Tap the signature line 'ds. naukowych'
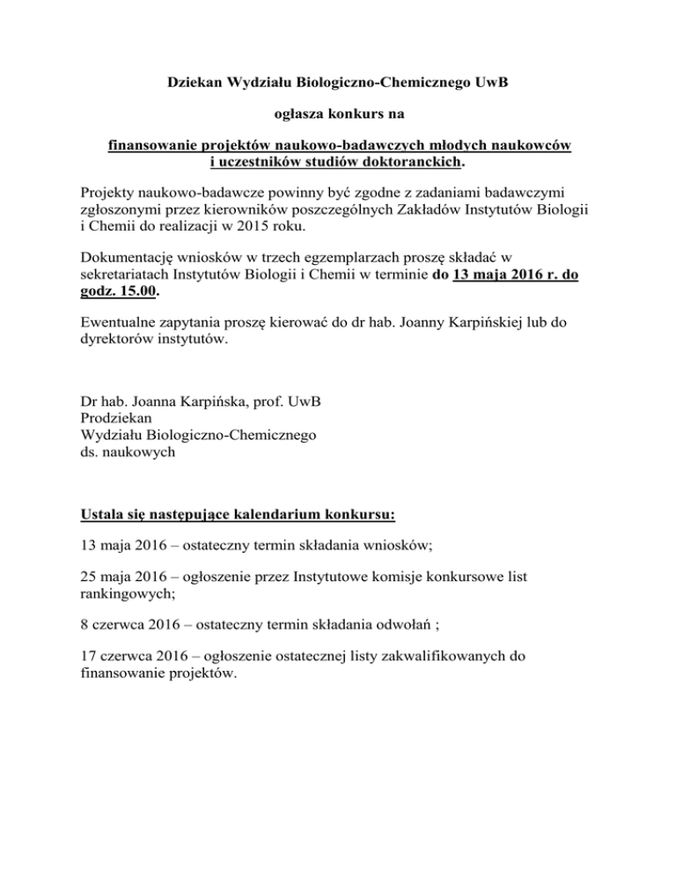point(128,452)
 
